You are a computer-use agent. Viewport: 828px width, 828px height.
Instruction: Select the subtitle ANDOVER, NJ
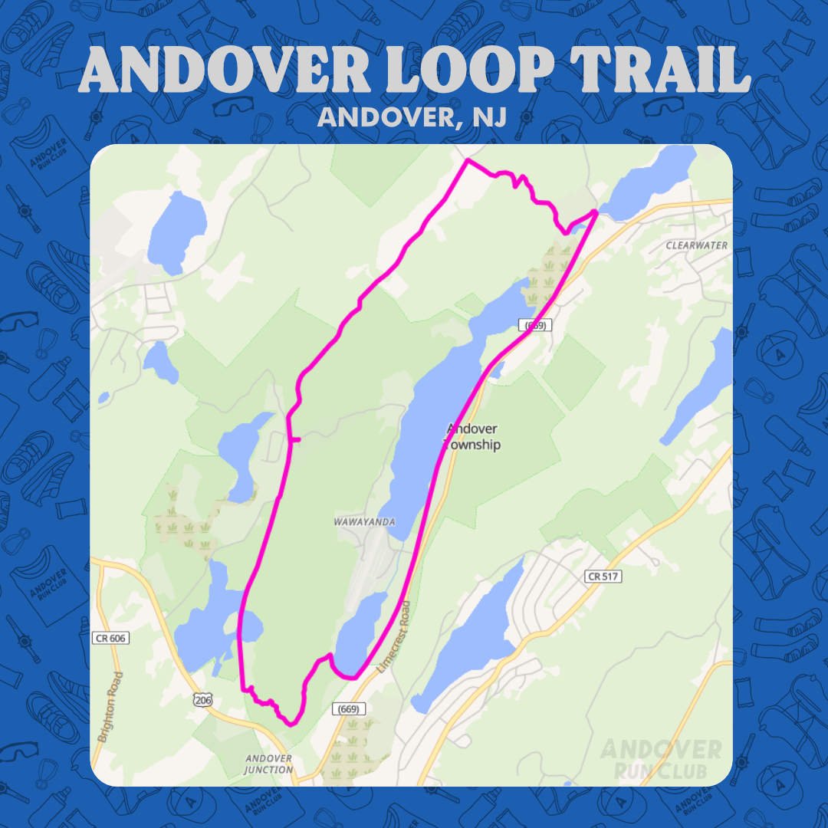[414, 118]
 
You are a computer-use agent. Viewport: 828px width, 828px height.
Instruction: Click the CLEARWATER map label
[696, 245]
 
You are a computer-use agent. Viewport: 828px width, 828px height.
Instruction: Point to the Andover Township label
[472, 436]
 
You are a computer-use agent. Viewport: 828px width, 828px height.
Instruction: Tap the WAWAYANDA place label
[364, 522]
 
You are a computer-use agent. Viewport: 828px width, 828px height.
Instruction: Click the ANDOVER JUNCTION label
[268, 764]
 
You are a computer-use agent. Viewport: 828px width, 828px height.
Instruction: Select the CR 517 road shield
[604, 576]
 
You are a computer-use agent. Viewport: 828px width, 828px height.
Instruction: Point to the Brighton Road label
[109, 707]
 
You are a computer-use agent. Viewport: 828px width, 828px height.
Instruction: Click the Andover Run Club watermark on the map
[661, 758]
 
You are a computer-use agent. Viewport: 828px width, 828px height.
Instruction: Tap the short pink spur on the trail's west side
[294, 439]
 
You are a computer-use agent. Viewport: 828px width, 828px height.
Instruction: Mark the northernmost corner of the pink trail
[467, 160]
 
